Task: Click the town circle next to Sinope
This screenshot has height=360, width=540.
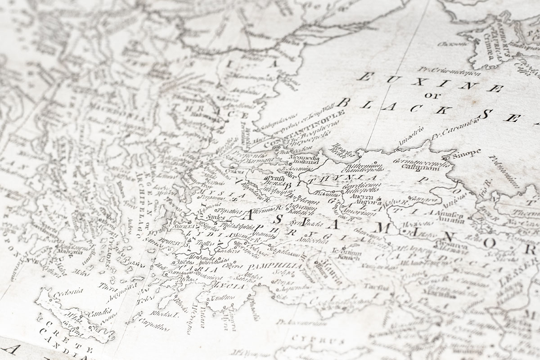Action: pyautogui.click(x=445, y=158)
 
